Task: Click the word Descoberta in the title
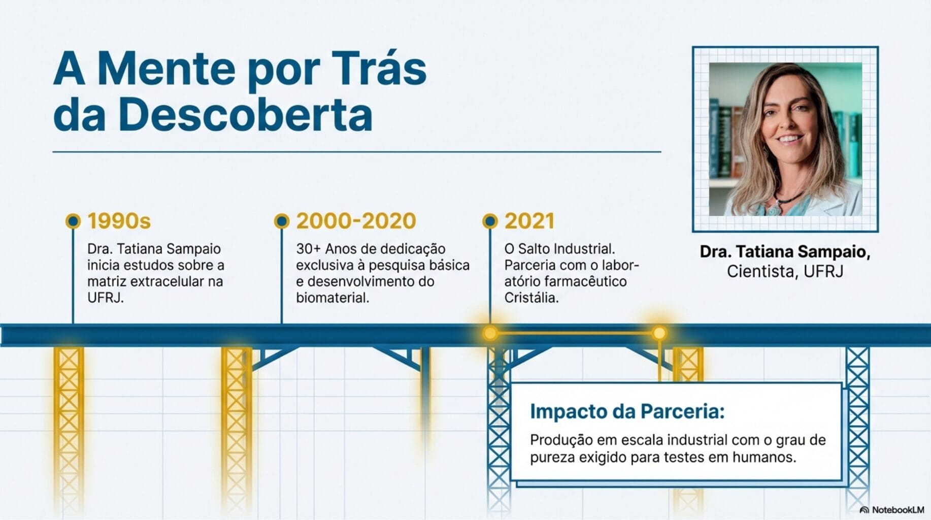point(245,115)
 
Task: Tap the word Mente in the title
point(167,69)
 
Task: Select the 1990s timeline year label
point(119,221)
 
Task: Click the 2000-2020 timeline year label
point(356,221)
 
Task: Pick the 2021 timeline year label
point(529,221)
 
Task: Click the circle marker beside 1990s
point(73,221)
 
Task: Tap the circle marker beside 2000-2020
point(282,221)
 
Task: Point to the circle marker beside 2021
point(490,221)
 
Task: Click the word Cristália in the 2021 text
point(531,298)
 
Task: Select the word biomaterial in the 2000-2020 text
point(332,298)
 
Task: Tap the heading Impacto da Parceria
point(627,411)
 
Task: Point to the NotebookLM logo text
point(898,510)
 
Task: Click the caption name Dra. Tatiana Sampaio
point(785,251)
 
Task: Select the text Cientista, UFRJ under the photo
point(785,272)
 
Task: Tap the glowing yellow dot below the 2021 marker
point(490,333)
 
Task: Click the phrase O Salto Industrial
point(559,249)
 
